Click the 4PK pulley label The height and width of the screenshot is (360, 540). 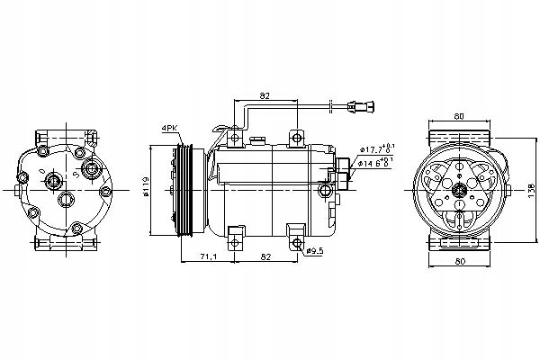[x=169, y=129]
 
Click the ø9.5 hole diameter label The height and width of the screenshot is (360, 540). [x=314, y=249]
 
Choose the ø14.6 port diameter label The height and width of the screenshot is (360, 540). [x=377, y=163]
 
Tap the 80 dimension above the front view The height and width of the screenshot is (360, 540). [x=460, y=116]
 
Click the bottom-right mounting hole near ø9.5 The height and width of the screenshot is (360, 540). [x=297, y=238]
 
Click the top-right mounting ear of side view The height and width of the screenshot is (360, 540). [x=297, y=137]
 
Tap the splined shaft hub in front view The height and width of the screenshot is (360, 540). [x=460, y=190]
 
